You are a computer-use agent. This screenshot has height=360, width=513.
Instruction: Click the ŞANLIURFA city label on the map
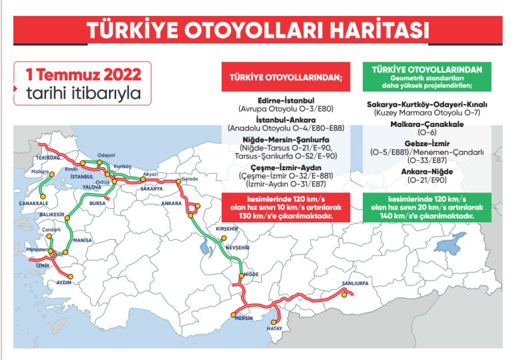coord(355,283)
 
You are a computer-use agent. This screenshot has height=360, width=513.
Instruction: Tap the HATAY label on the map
coord(275,329)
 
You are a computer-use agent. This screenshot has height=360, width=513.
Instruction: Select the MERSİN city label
coord(242,319)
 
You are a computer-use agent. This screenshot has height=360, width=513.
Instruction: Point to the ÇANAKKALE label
coord(33,202)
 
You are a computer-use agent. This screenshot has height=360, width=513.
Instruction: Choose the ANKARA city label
coord(172,202)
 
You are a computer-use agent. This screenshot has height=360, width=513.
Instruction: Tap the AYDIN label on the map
coord(64,283)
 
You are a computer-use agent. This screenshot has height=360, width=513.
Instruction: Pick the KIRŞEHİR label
coord(226,228)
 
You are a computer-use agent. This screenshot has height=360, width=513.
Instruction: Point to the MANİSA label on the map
coord(82,239)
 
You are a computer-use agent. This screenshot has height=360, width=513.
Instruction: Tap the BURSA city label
coord(98,202)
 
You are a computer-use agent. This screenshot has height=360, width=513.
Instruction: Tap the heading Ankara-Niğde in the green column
coord(427,171)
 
